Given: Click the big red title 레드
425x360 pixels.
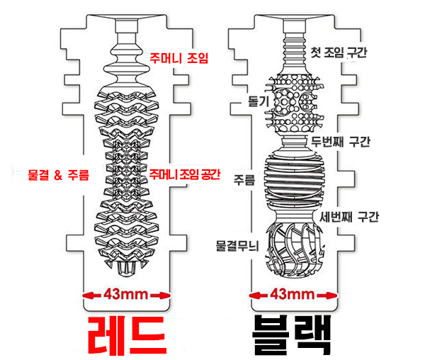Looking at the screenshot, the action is pyautogui.click(x=127, y=336).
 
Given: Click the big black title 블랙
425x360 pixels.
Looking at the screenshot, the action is pyautogui.click(x=291, y=335).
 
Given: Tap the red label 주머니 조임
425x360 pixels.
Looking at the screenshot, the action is pyautogui.click(x=179, y=57).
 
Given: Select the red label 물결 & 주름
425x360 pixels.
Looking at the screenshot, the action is pyautogui.click(x=59, y=175).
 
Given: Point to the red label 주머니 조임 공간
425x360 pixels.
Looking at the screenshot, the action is pyautogui.click(x=185, y=174).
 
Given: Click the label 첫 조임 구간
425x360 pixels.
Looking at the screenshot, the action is pyautogui.click(x=339, y=52).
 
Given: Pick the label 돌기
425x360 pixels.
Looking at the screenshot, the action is pyautogui.click(x=259, y=101).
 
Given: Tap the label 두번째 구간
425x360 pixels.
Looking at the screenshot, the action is pyautogui.click(x=341, y=141).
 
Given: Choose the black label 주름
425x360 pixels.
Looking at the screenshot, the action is pyautogui.click(x=244, y=180).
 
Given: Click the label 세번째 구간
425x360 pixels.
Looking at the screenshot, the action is pyautogui.click(x=349, y=217).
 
